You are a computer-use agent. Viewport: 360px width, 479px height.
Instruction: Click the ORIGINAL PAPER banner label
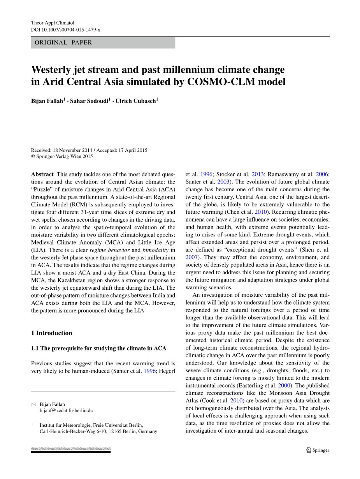pos(63,43)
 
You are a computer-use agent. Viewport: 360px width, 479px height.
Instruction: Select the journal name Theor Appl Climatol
pos(53,23)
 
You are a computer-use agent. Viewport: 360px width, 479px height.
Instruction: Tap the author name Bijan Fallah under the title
pos(47,101)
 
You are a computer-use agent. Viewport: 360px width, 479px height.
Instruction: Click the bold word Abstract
pos(42,174)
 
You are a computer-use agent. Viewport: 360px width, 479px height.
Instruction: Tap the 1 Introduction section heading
pos(52,333)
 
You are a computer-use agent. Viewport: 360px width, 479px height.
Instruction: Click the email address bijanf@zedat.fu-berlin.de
pos(66,410)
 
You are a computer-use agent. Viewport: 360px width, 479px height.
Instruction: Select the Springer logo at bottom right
pos(318,450)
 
